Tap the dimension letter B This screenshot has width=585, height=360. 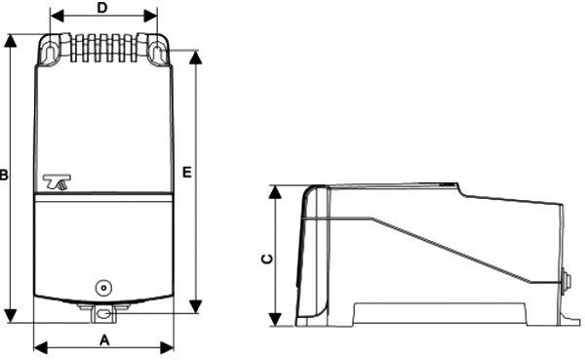5,177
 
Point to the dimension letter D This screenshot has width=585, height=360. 102,8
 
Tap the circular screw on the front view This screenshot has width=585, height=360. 102,288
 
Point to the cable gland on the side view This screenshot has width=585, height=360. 567,284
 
